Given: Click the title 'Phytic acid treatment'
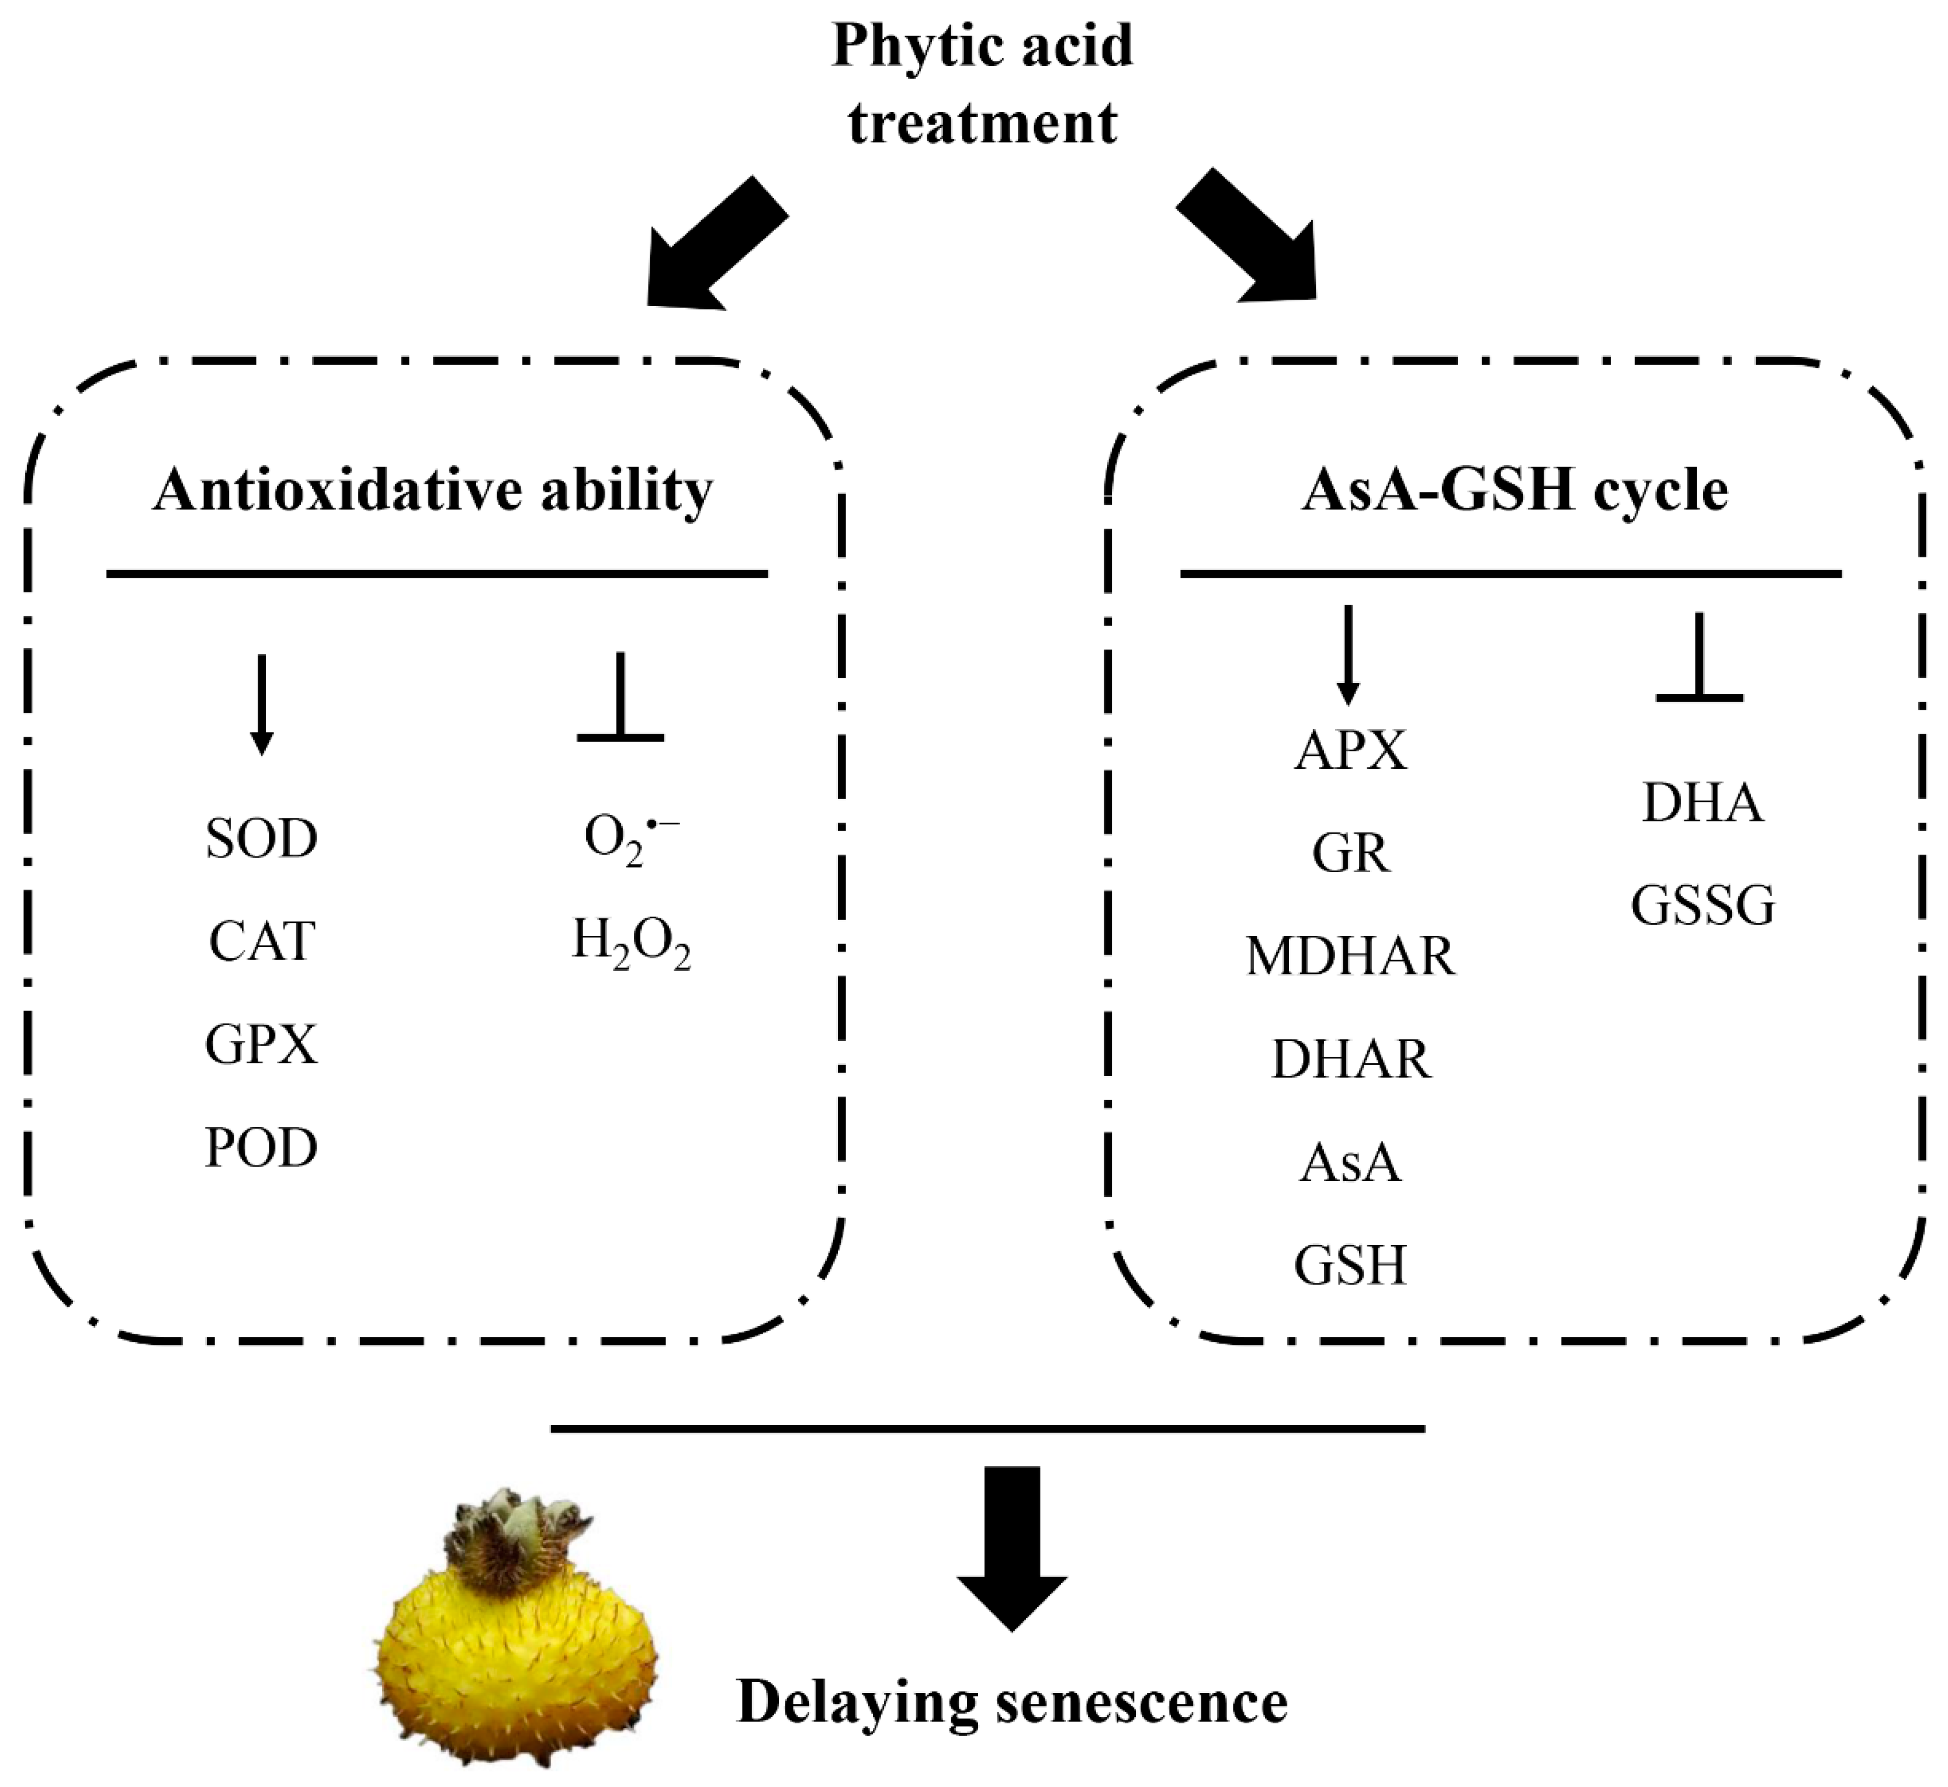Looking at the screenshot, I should point(982,85).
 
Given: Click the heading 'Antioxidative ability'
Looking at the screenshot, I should point(432,490).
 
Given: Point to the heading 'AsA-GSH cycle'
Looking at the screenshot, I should point(1514,490).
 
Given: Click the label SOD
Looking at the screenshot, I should point(261,838).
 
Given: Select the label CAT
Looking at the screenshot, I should point(261,941).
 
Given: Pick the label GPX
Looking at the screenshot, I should point(261,1045).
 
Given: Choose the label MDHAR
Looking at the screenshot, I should point(1350,955).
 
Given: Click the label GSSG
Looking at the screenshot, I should point(1703,906).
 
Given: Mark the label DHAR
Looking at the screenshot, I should point(1350,1059).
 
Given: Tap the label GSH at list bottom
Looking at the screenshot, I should point(1350,1265).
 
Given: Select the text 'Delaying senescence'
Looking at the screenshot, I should point(1012,1702).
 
